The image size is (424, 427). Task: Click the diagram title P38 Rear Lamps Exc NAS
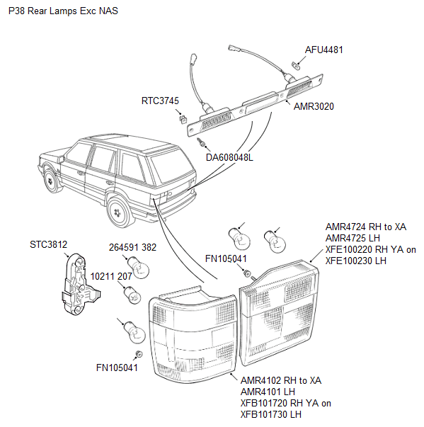coord(63,11)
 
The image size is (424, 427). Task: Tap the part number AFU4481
coord(324,50)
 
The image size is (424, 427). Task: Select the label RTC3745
coord(160,101)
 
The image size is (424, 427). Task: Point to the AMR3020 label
coord(314,106)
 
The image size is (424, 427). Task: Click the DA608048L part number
coord(229,157)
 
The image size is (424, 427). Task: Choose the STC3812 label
coord(48,244)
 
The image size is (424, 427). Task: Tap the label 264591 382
coord(132,247)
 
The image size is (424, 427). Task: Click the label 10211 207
coord(111,276)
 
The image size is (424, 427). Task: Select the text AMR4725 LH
coord(353,238)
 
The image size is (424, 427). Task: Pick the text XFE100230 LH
coord(355,261)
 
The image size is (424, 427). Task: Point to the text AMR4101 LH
coord(268,392)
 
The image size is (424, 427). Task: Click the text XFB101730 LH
coord(271,414)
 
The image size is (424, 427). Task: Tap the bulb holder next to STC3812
coord(80,284)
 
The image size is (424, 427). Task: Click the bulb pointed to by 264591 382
coord(139,268)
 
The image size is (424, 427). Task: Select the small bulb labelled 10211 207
coord(132,295)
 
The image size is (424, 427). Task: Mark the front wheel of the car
coord(52,181)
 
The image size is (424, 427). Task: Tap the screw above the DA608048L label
coord(202,142)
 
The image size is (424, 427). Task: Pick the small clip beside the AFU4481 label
coord(296,66)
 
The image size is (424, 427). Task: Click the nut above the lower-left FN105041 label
coord(139,354)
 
